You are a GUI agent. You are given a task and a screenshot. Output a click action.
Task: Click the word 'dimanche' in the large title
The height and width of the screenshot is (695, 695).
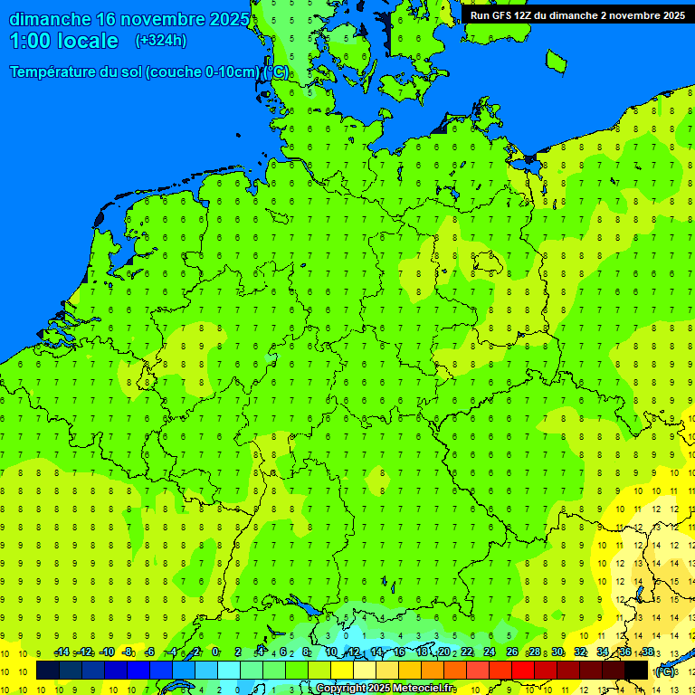50,19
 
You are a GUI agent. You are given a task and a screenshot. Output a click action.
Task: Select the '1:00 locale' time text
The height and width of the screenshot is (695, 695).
64,41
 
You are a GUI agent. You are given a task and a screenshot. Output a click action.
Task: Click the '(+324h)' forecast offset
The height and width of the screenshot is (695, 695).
161,41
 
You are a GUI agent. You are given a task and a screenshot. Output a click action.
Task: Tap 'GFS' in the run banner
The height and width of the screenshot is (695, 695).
503,15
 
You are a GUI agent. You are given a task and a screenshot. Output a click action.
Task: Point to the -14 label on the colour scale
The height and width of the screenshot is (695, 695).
62,652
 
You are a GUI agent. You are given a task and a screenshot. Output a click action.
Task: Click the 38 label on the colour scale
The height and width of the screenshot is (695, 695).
647,652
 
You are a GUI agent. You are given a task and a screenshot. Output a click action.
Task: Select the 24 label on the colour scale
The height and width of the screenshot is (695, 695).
490,652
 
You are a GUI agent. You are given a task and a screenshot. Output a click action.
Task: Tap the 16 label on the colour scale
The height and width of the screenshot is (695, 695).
399,652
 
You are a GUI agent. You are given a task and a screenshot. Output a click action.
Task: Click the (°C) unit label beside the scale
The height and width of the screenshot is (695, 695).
665,671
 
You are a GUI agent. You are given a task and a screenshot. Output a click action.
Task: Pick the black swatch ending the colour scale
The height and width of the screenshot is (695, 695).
636,671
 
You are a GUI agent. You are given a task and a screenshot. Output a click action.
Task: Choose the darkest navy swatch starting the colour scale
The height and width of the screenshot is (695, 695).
48,671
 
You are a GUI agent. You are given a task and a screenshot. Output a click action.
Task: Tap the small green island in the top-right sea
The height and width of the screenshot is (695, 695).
556,61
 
